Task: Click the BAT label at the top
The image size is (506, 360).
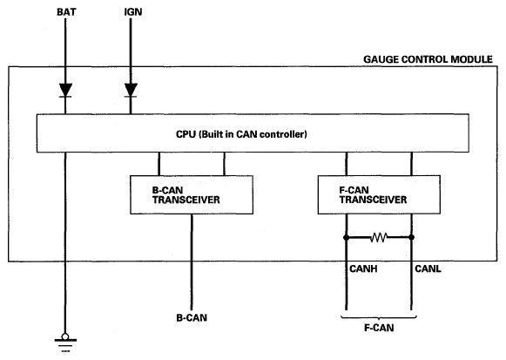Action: [66, 12]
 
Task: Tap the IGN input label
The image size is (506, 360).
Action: [133, 12]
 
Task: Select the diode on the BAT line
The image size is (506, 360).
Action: [65, 90]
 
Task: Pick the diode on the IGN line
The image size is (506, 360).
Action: [131, 90]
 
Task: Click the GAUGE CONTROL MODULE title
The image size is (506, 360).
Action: [428, 59]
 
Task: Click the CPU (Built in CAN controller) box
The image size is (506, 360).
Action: [253, 133]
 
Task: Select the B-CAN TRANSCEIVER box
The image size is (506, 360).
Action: [192, 194]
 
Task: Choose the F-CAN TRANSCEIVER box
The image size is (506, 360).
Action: [379, 194]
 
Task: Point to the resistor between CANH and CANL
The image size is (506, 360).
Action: [379, 238]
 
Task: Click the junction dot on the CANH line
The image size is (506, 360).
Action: [347, 238]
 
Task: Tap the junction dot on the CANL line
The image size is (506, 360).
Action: [411, 238]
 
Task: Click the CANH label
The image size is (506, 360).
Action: [363, 268]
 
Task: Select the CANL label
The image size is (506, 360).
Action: [428, 268]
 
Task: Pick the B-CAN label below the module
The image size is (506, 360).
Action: [192, 317]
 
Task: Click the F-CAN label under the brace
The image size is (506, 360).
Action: [379, 328]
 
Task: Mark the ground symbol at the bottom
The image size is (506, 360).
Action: [65, 343]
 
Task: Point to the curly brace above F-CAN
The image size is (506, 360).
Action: [379, 317]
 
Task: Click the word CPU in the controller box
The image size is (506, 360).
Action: [186, 134]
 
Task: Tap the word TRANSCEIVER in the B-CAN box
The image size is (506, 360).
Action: [186, 200]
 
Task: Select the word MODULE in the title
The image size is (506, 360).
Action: [471, 59]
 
